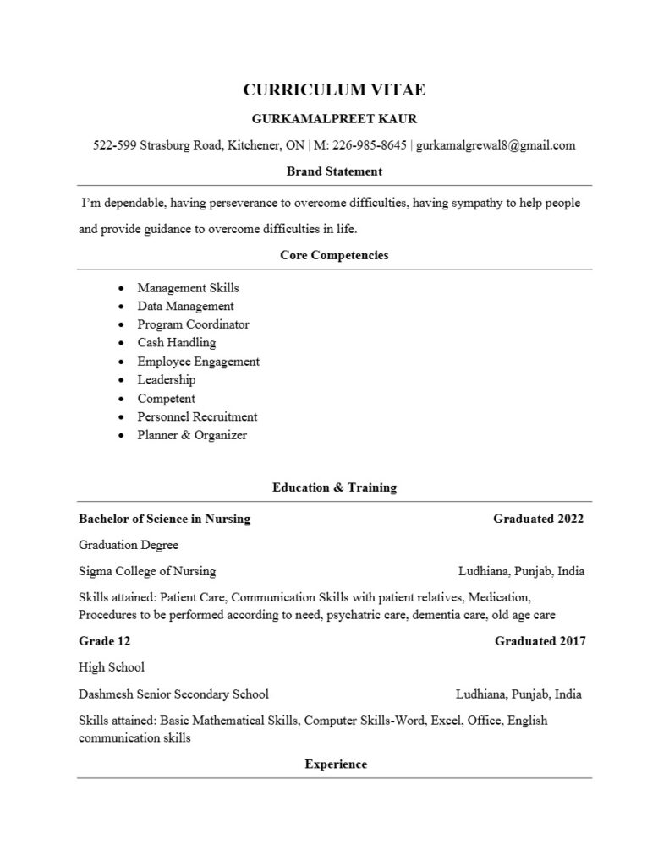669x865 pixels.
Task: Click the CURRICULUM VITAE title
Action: tap(334, 90)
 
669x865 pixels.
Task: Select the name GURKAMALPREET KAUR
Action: tap(334, 118)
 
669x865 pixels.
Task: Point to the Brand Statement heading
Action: tap(334, 171)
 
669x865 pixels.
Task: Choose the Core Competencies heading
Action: tap(334, 255)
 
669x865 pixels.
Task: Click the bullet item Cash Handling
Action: tap(177, 343)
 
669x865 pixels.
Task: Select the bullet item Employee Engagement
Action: tap(199, 362)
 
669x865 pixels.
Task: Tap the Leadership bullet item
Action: tap(167, 380)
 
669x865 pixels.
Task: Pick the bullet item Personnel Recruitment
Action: tap(198, 416)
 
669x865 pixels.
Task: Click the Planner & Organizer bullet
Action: tap(192, 435)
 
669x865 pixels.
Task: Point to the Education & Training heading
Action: tap(334, 487)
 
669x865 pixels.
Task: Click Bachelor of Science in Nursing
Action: tap(164, 519)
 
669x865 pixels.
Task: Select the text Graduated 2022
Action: tap(538, 519)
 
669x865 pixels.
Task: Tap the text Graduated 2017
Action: tap(540, 641)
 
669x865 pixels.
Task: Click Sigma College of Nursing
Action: tap(147, 571)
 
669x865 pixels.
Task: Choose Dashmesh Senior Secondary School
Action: tap(173, 694)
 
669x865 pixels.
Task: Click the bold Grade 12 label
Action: tap(104, 641)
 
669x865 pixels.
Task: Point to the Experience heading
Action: tap(336, 764)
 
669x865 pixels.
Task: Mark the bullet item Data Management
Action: tap(186, 306)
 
